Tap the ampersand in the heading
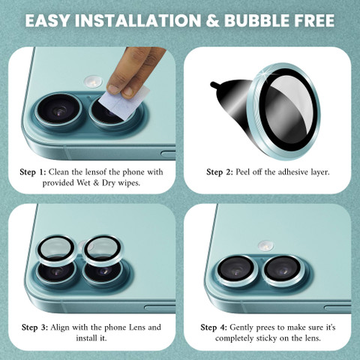[x=212, y=20]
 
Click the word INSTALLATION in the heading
[x=138, y=20]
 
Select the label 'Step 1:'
[x=33, y=172]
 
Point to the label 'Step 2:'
[x=220, y=172]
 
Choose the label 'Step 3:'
[x=34, y=327]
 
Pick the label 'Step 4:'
[x=214, y=327]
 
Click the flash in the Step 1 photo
[x=93, y=82]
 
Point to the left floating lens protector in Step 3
[x=57, y=250]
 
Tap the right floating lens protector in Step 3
[x=103, y=250]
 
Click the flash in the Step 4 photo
[x=266, y=246]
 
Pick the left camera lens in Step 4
[x=236, y=271]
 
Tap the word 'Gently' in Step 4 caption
[x=241, y=328]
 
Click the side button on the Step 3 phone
[x=160, y=308]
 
